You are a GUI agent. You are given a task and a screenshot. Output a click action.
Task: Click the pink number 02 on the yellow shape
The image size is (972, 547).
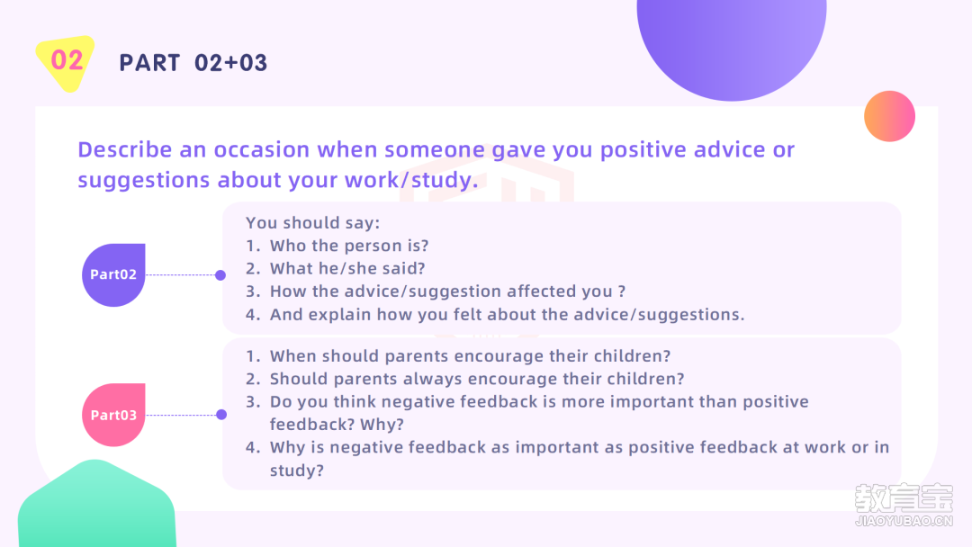pyautogui.click(x=67, y=60)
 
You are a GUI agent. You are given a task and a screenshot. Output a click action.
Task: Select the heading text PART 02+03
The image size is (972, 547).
pyautogui.click(x=193, y=63)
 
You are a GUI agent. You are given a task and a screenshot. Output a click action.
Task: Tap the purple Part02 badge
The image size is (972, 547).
pyautogui.click(x=113, y=274)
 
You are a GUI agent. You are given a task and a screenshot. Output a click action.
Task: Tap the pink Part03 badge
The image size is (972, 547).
pyautogui.click(x=113, y=415)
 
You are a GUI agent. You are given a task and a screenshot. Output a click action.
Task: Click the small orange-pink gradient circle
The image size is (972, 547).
pyautogui.click(x=889, y=116)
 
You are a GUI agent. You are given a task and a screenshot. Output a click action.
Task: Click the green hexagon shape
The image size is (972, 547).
pyautogui.click(x=96, y=505)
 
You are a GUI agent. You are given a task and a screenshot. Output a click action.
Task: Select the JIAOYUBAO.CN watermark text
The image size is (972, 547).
pyautogui.click(x=904, y=521)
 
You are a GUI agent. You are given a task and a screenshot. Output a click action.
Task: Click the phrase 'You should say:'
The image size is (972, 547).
pyautogui.click(x=312, y=223)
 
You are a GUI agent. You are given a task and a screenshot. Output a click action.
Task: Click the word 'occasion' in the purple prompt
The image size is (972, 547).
pyautogui.click(x=262, y=150)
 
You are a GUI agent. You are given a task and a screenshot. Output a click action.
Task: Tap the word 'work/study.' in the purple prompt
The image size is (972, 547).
pyautogui.click(x=411, y=180)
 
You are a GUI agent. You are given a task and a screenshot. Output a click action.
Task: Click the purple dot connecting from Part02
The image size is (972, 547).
pyautogui.click(x=220, y=275)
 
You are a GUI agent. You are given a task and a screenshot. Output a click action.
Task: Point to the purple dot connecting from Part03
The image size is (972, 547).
pyautogui.click(x=221, y=415)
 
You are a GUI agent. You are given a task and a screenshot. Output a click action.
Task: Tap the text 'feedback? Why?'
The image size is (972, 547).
pyautogui.click(x=337, y=425)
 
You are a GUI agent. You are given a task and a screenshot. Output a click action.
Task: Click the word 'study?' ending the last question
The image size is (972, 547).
pyautogui.click(x=296, y=471)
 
